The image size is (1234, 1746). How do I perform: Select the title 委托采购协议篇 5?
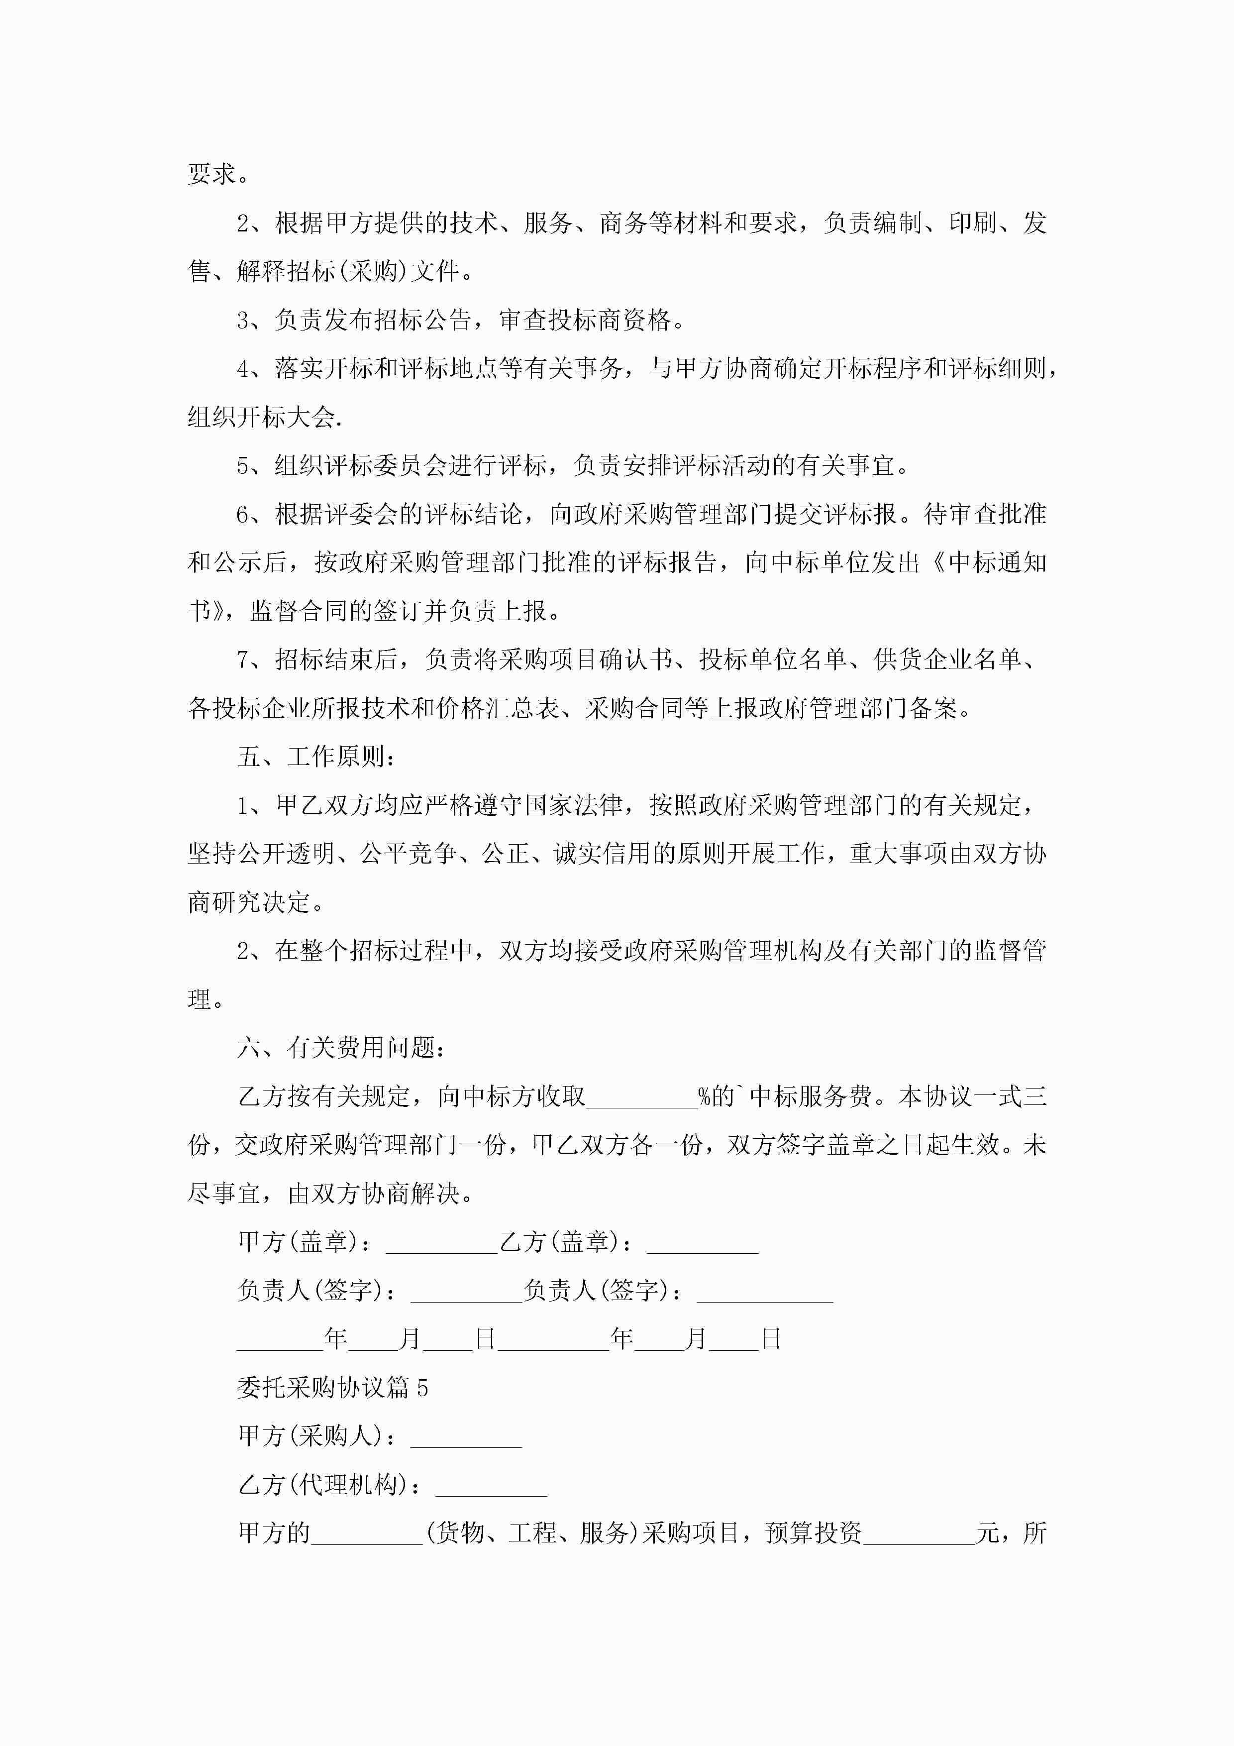pos(332,1388)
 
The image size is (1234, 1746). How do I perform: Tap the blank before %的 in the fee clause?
pos(642,1098)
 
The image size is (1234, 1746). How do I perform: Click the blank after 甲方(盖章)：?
pos(441,1243)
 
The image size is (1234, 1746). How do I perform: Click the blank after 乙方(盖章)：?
pos(703,1243)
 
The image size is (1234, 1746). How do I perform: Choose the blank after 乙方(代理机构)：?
pos(491,1485)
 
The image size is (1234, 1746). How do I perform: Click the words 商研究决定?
pos(249,903)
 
